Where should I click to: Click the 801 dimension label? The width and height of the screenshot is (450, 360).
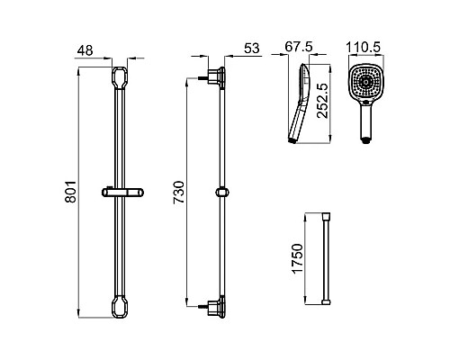pos(71,192)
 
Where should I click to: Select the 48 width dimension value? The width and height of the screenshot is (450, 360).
pos(85,50)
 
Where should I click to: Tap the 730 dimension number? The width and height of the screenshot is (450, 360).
pos(179,193)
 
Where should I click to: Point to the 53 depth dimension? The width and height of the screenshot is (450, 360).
pos(251,49)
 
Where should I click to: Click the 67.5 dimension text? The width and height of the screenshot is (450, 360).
pos(299,47)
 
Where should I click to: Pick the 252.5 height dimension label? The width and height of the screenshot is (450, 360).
pos(323,101)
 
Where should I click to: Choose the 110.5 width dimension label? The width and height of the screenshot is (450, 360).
pos(364,47)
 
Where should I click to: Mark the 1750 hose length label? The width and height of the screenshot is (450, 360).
pos(298,258)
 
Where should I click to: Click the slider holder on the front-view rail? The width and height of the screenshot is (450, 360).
pos(122,193)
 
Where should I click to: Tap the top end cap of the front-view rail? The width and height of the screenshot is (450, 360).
pos(120,78)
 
